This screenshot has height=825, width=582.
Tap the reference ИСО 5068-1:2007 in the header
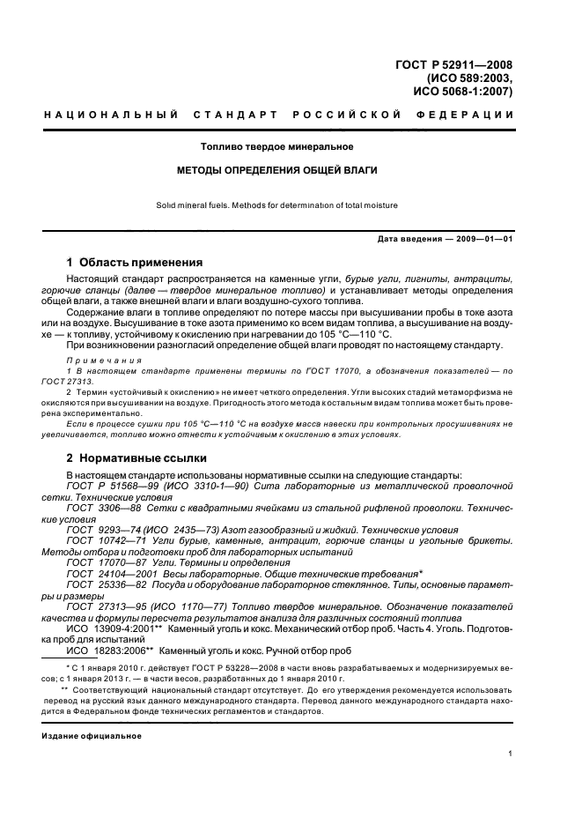coord(463,91)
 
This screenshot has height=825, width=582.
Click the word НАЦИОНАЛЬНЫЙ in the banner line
coord(111,115)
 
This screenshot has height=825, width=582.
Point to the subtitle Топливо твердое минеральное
coord(277,146)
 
